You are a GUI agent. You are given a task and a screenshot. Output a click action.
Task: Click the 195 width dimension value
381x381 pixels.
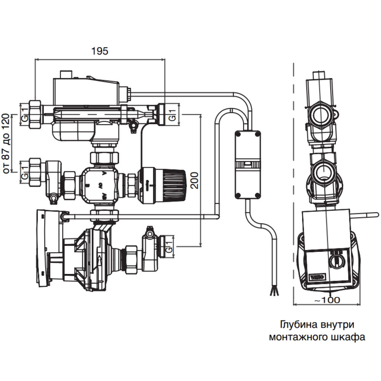[99, 51]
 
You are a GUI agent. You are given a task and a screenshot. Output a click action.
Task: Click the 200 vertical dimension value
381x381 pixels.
[195, 179]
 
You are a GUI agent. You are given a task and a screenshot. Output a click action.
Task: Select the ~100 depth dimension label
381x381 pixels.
[327, 300]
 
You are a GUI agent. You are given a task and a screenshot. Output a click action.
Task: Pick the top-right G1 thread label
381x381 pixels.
[172, 113]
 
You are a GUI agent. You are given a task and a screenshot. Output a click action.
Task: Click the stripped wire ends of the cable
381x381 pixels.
[274, 291]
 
